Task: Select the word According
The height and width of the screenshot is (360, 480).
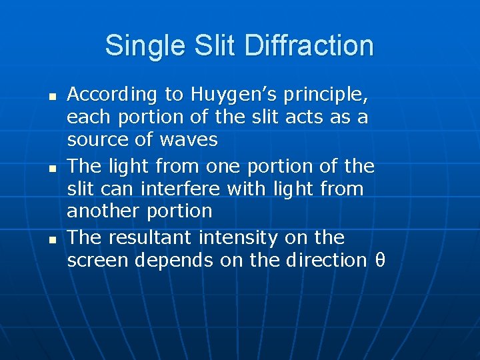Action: tap(111, 95)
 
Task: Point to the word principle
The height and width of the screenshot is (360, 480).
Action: tap(325, 95)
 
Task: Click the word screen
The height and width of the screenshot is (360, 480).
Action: tap(97, 260)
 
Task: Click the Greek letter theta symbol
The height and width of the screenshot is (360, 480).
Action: tap(381, 260)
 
